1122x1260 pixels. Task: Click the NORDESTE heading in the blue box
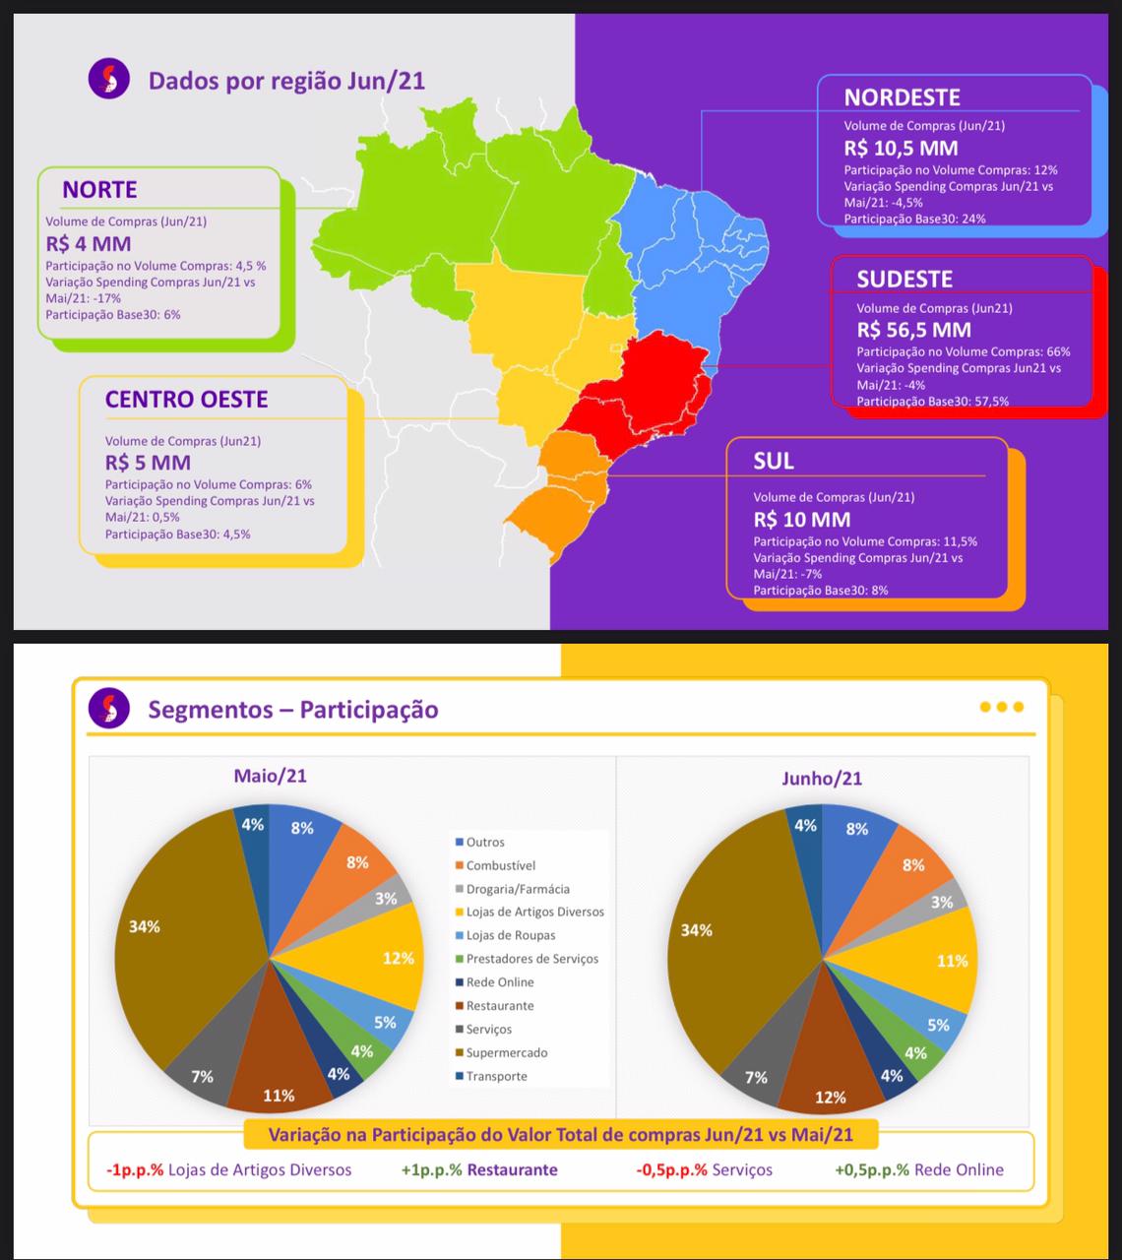902,97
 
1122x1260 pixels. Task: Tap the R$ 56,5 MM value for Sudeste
913,330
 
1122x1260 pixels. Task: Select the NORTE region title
99,190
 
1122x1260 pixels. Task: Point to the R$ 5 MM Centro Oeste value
148,463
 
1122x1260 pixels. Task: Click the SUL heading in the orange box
774,462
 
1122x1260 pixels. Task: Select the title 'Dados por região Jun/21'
286,80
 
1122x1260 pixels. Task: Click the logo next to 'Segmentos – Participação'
108,708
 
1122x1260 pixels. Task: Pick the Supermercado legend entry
506,1053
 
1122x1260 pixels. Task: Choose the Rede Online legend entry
499,982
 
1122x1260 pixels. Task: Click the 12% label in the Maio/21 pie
398,958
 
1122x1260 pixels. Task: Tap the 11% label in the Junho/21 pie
952,961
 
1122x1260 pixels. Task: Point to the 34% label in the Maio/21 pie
145,926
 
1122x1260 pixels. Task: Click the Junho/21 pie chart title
822,779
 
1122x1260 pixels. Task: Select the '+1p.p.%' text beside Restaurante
431,1170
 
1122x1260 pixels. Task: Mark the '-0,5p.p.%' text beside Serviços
671,1170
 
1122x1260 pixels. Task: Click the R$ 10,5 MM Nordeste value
901,149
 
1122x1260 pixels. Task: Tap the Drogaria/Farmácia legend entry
517,889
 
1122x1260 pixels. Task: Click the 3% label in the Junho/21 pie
942,902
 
